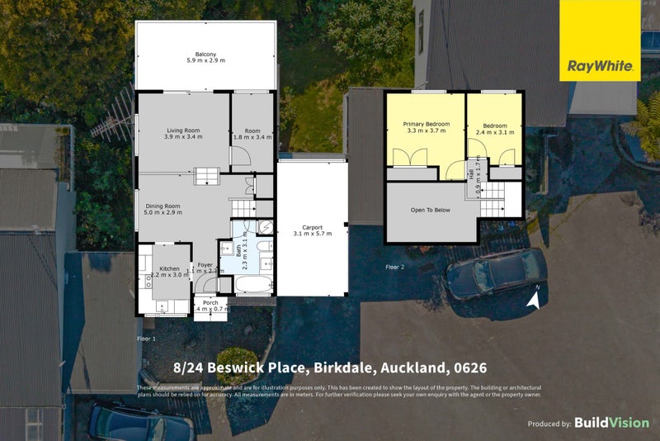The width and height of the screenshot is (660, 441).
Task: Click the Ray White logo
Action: (600, 41)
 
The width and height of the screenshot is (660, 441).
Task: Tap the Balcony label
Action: (205, 51)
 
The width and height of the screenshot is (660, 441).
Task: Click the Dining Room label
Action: (163, 205)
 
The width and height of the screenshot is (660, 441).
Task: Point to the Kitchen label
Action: (169, 268)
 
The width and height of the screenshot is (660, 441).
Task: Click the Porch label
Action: (210, 302)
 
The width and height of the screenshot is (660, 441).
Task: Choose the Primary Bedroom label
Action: (426, 124)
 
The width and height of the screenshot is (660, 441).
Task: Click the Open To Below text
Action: (431, 210)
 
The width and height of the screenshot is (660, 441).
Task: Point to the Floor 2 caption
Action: (395, 267)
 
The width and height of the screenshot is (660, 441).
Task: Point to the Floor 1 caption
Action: (145, 339)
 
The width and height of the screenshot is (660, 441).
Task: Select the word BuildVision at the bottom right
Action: (611, 423)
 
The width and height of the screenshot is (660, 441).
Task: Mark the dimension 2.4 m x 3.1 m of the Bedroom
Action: (494, 132)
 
